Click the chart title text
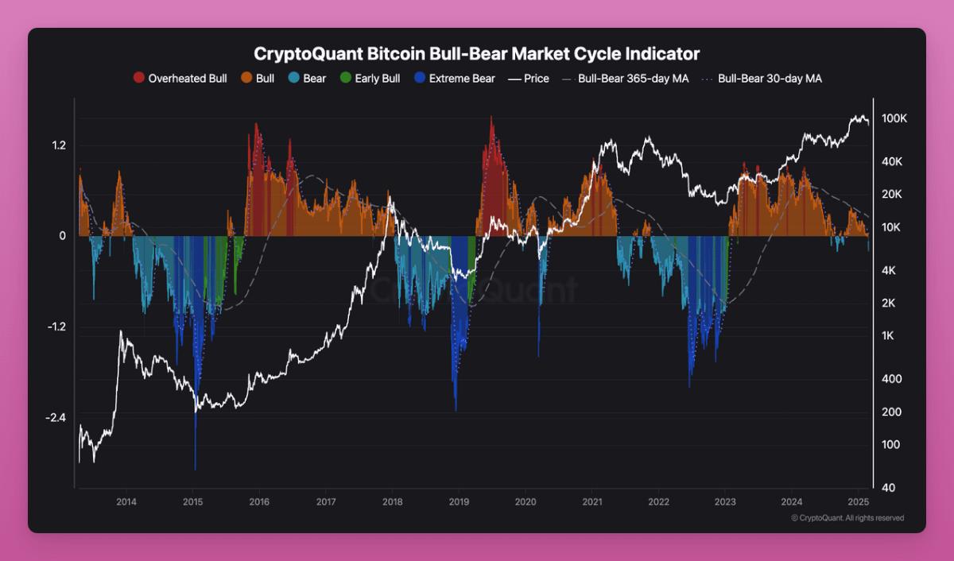477,54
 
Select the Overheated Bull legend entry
180,79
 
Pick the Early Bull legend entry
370,79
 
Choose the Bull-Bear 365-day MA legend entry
625,79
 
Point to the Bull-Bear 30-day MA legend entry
766,79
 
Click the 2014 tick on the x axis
126,502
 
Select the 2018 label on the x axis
392,502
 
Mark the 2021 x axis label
591,502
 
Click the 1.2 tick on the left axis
58,145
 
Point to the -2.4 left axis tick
56,418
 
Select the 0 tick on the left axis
63,236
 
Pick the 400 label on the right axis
891,379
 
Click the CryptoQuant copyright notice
847,518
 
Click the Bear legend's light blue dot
293,79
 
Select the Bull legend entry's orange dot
246,79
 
